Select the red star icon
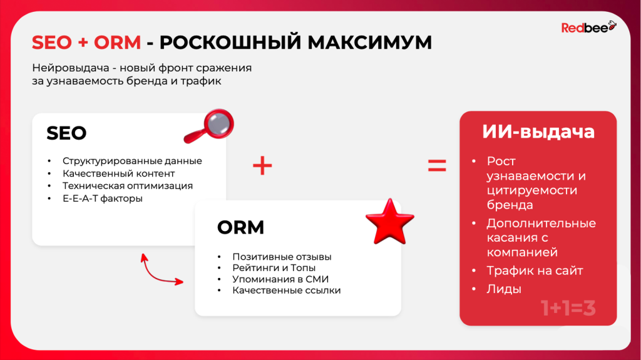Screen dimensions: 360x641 (x=389, y=222)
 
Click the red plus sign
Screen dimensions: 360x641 (x=262, y=165)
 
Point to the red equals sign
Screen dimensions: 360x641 (x=437, y=165)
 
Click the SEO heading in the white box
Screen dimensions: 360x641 (x=66, y=133)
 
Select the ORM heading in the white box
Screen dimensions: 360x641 (x=240, y=228)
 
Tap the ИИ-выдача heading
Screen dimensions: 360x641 (x=538, y=132)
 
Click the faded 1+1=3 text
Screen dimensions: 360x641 (x=568, y=308)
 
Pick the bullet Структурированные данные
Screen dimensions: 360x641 (x=132, y=161)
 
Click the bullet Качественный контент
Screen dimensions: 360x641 (x=118, y=173)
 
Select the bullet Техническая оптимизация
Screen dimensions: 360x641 (x=128, y=186)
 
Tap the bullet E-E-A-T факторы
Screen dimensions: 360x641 (x=103, y=198)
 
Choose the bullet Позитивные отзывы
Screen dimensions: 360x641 (x=282, y=257)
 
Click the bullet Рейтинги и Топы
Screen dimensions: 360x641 (x=274, y=268)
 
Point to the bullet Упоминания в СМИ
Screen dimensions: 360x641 (x=280, y=279)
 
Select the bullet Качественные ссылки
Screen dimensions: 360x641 (x=286, y=291)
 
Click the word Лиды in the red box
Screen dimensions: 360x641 (x=504, y=289)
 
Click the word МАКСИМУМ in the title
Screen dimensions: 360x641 (x=369, y=43)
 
